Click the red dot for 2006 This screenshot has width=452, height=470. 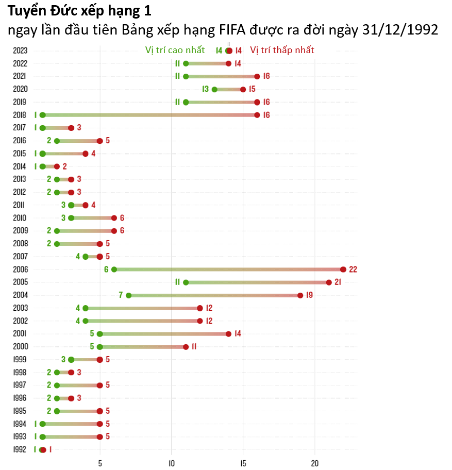(343, 270)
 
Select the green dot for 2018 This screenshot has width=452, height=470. (42, 115)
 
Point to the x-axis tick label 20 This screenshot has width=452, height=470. (314, 463)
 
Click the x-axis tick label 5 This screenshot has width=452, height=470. (100, 463)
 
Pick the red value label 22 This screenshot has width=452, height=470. (353, 270)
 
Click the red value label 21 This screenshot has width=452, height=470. (338, 282)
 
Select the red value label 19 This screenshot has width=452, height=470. (309, 295)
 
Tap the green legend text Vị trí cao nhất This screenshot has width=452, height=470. (175, 50)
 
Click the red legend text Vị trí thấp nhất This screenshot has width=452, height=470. (282, 50)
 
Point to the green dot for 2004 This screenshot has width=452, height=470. (128, 295)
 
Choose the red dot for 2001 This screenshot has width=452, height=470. (228, 334)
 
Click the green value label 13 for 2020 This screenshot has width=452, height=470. (206, 89)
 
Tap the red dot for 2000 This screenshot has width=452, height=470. (186, 347)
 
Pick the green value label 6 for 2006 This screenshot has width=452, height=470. (106, 270)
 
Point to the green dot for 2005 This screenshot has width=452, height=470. (186, 282)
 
